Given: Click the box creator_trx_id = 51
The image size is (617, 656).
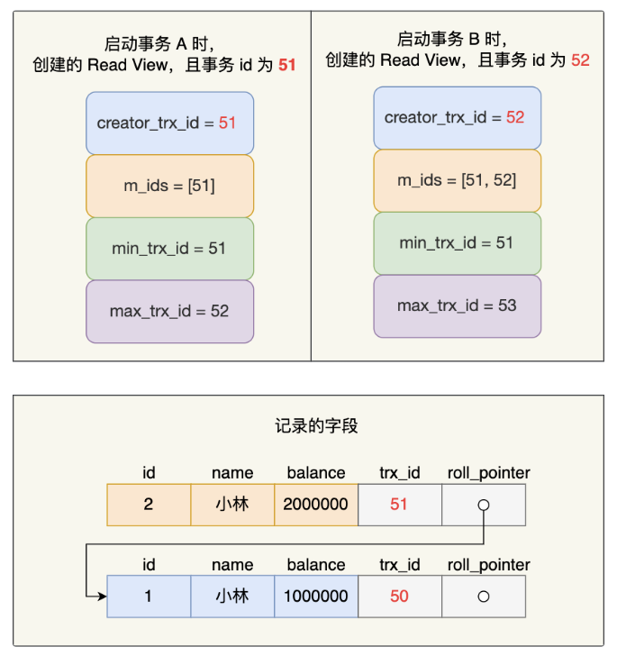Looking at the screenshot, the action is tap(170, 123).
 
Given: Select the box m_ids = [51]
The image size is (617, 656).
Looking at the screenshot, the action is tap(170, 187).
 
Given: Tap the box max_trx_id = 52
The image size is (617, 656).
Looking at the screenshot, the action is tap(170, 312).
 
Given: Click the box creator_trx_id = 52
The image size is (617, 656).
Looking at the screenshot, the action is tap(458, 118).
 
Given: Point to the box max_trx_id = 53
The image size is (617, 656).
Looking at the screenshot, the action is tap(458, 306).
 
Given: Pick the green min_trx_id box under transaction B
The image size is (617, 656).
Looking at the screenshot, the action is tap(458, 243).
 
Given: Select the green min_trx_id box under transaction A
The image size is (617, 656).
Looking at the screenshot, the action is tap(170, 249).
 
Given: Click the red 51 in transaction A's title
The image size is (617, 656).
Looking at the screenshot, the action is tap(287, 65).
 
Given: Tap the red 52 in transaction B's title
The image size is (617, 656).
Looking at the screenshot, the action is tap(580, 60).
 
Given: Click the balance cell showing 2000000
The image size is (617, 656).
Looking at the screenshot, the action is tap(316, 505).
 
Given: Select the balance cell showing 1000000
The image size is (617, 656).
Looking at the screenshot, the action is tap(316, 597).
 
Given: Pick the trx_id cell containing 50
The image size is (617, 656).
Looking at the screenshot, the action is tap(400, 597).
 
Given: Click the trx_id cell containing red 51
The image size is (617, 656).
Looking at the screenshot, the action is tap(400, 505).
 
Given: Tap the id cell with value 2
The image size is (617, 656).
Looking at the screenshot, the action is tap(149, 505).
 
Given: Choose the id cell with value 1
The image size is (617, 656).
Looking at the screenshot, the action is tap(149, 597).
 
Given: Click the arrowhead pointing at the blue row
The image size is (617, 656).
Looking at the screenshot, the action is tap(103, 597).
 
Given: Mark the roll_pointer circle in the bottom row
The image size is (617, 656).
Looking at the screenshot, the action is tap(484, 597).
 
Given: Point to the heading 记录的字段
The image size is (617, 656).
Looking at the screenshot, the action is tap(316, 426).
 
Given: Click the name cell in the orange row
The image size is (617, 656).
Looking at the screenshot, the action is tap(232, 505).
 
